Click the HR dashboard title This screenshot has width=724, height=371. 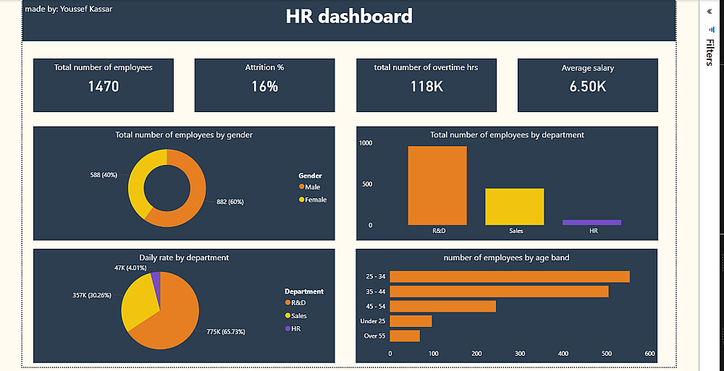point(349,17)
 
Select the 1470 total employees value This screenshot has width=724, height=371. point(104,87)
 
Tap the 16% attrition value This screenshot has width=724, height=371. point(264,87)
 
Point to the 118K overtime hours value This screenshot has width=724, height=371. point(426,87)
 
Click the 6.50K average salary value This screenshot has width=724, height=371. point(587,87)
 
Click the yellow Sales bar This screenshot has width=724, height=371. point(514,206)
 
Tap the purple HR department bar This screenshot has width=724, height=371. point(592,223)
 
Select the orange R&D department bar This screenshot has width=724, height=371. point(437,186)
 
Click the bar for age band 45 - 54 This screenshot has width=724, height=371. point(443,306)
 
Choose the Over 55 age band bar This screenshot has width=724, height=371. point(405,336)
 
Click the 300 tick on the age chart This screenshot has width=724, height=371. point(520,354)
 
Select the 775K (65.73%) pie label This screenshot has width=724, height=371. point(225,332)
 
